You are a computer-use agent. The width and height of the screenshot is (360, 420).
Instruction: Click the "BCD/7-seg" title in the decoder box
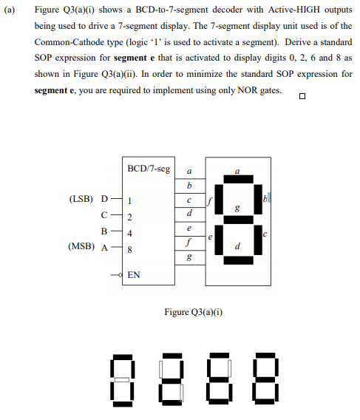pos(148,169)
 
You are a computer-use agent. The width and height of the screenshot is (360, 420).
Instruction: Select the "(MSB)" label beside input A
pos(81,248)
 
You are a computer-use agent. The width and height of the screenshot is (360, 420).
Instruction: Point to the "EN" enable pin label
pos(134,275)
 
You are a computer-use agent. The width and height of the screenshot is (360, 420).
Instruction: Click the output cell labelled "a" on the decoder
pos(190,169)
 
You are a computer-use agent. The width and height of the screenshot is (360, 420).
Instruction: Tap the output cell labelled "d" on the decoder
pos(190,213)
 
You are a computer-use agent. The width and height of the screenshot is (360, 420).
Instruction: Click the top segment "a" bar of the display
pos(237,180)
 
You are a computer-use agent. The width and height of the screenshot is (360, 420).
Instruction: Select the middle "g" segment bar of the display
pos(237,220)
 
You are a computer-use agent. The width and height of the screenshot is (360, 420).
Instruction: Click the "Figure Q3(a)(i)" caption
pos(194,311)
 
